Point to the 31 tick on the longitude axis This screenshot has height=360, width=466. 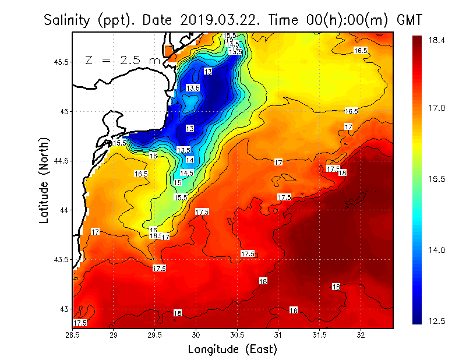coord(278,335)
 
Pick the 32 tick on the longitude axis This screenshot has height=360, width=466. coord(361,335)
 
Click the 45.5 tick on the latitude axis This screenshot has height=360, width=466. coord(61,62)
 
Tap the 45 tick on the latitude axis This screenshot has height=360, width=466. coord(64,111)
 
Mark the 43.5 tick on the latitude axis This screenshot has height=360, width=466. coord(61,259)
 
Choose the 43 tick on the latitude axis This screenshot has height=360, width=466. coord(64,309)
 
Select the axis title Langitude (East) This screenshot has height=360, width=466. coord(232,349)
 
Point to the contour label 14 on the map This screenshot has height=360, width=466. coord(190,160)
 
